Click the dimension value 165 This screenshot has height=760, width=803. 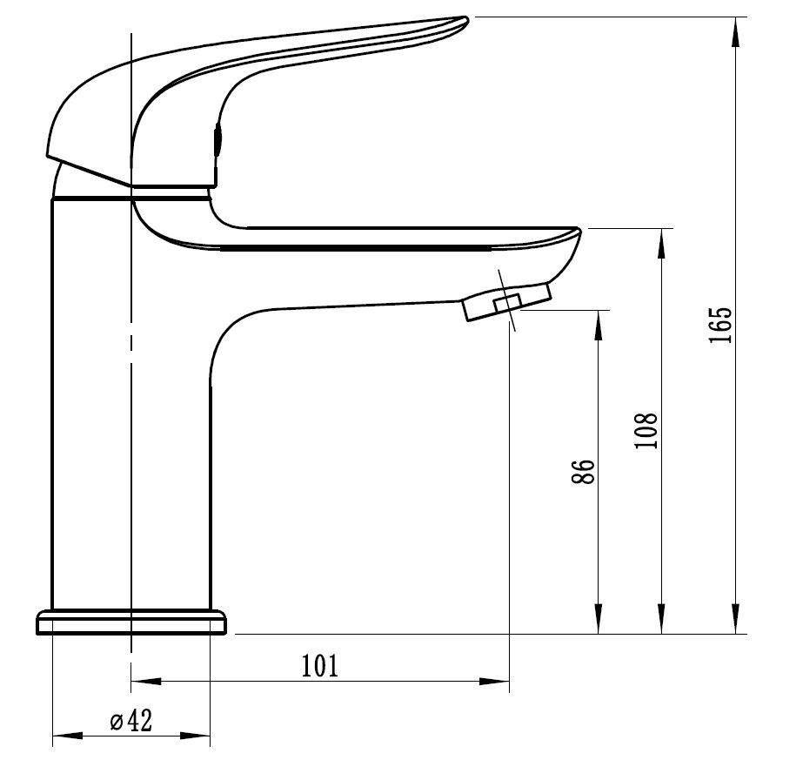(721, 326)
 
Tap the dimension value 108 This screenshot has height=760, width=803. (646, 430)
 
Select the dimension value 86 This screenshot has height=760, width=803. (583, 472)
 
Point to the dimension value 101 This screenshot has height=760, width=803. (320, 666)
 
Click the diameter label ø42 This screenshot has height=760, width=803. (131, 721)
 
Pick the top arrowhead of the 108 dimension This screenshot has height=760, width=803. (662, 244)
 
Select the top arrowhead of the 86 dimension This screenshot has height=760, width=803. (599, 326)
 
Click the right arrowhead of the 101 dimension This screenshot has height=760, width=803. (494, 681)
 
